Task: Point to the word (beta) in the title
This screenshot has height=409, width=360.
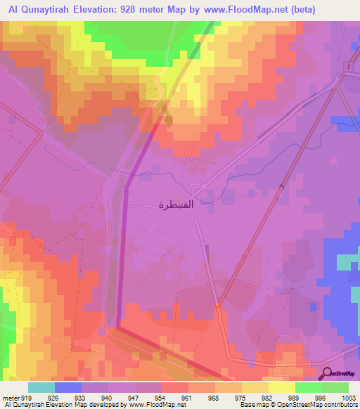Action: pyautogui.click(x=281, y=10)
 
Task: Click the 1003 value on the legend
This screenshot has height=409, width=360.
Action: pyautogui.click(x=349, y=397)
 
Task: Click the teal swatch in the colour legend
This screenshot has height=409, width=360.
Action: pyautogui.click(x=41, y=387)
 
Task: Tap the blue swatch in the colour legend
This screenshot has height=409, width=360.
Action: pyautogui.click(x=68, y=387)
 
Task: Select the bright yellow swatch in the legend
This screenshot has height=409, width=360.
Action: pyautogui.click(x=282, y=387)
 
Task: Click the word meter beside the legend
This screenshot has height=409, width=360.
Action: pyautogui.click(x=9, y=397)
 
